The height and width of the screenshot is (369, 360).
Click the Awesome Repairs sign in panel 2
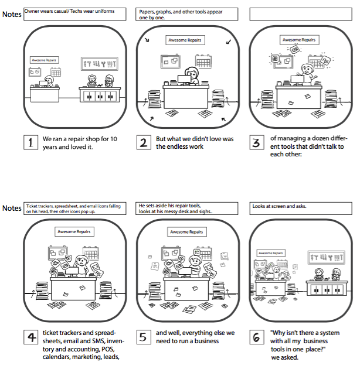(185, 40)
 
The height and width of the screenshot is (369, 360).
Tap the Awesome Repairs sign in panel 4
(73, 232)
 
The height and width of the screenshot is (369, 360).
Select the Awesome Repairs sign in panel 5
(185, 232)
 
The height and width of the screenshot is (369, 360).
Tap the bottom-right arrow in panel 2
(223, 120)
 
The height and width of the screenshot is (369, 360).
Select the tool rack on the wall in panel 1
(100, 64)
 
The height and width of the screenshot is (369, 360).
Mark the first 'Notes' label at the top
(12, 14)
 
